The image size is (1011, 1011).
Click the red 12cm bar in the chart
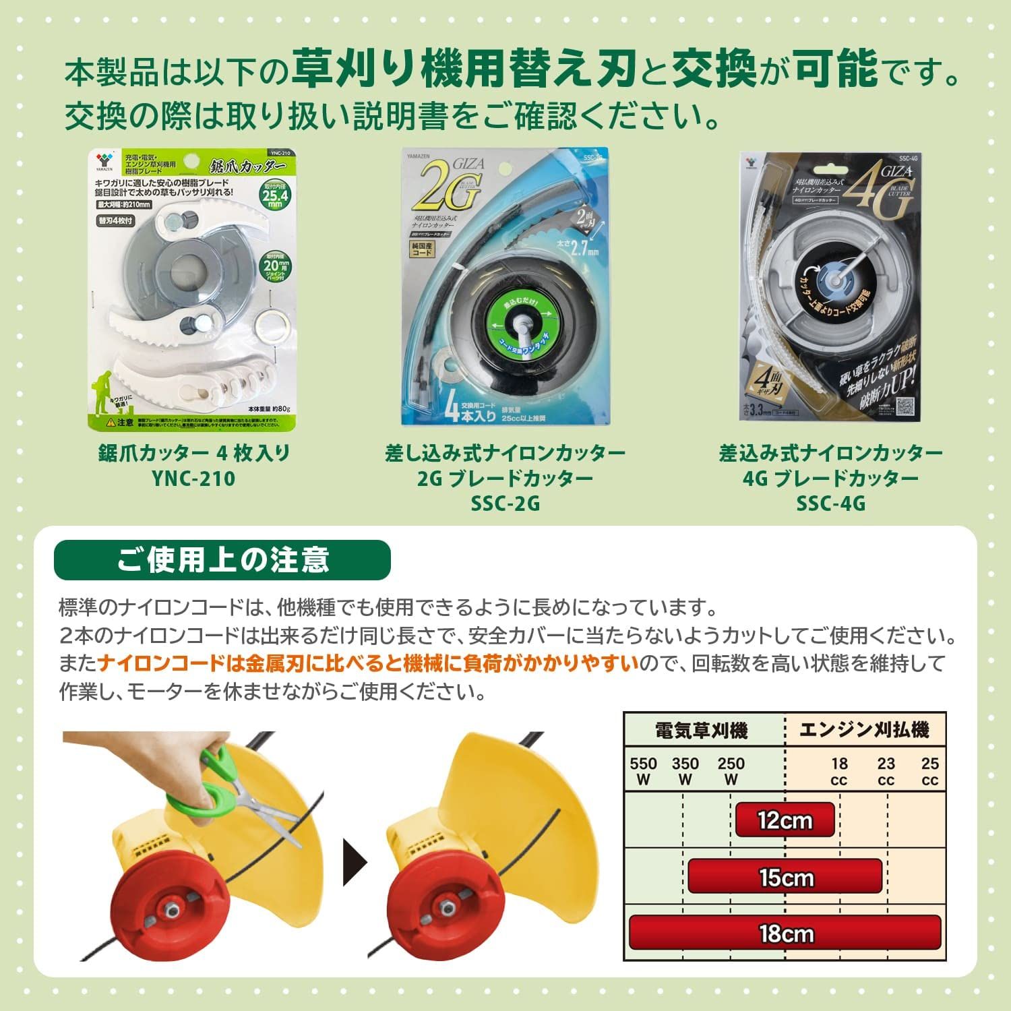(x=785, y=820)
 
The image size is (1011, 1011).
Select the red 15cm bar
(x=785, y=877)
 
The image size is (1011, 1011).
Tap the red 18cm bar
(x=785, y=933)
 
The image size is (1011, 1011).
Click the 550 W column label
(x=643, y=771)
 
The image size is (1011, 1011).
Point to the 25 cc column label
(x=929, y=771)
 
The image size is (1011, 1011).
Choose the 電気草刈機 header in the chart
(x=701, y=730)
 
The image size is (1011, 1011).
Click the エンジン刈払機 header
(x=864, y=729)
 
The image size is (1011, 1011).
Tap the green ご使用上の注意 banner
(x=222, y=560)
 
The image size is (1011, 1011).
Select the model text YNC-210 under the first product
(x=193, y=479)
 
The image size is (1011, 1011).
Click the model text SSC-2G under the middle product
(x=506, y=503)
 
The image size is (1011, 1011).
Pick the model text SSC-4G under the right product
(x=830, y=503)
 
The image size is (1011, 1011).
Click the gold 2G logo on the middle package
(x=448, y=186)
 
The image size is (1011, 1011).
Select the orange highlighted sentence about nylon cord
(x=368, y=664)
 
